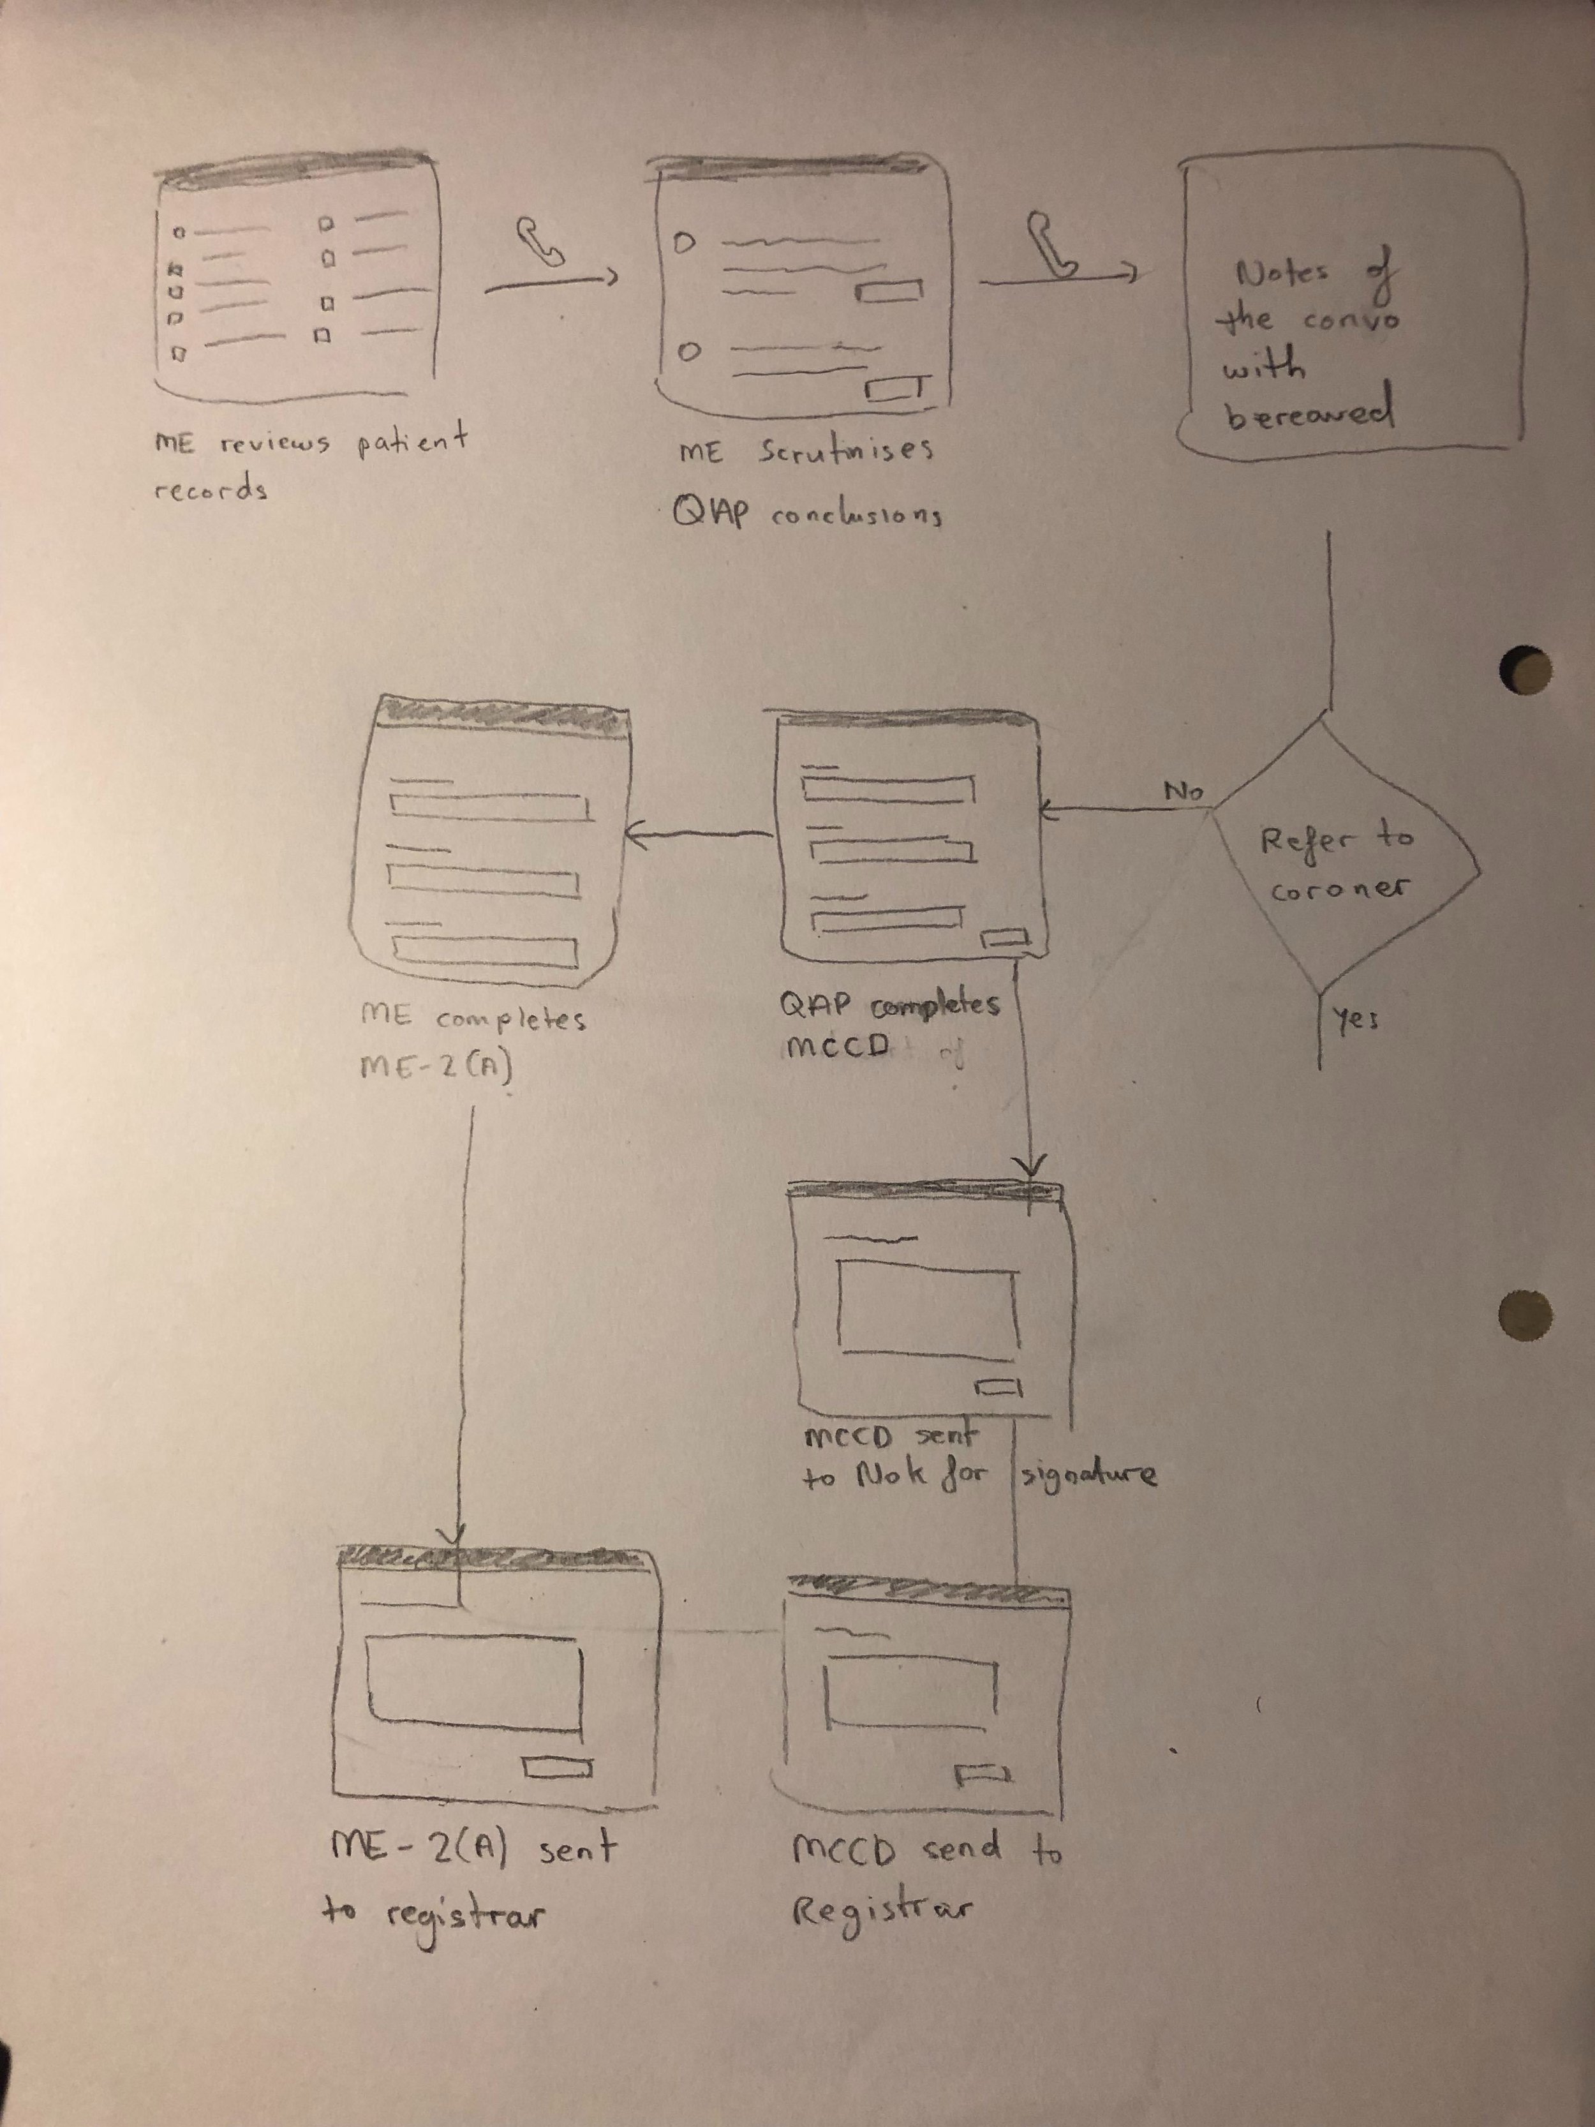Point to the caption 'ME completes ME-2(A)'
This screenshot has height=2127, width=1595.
click(471, 1040)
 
